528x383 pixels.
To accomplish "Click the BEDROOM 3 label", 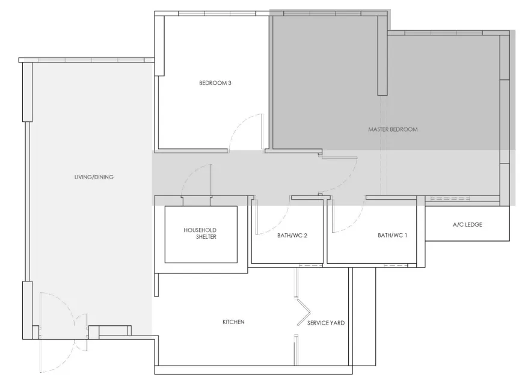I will pos(215,83).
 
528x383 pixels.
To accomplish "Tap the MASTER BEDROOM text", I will pos(392,129).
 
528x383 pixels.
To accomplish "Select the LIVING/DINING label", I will pos(94,177).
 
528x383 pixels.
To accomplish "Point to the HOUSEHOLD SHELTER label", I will pos(200,233).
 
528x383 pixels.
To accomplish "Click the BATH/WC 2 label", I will pos(292,236).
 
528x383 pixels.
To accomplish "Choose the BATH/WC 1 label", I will pos(393,236).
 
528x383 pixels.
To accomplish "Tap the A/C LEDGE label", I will pos(467,225).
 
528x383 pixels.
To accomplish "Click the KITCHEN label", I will pos(233,322).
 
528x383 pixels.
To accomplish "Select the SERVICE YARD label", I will pos(325,323).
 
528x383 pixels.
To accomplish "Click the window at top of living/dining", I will pos(90,60).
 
